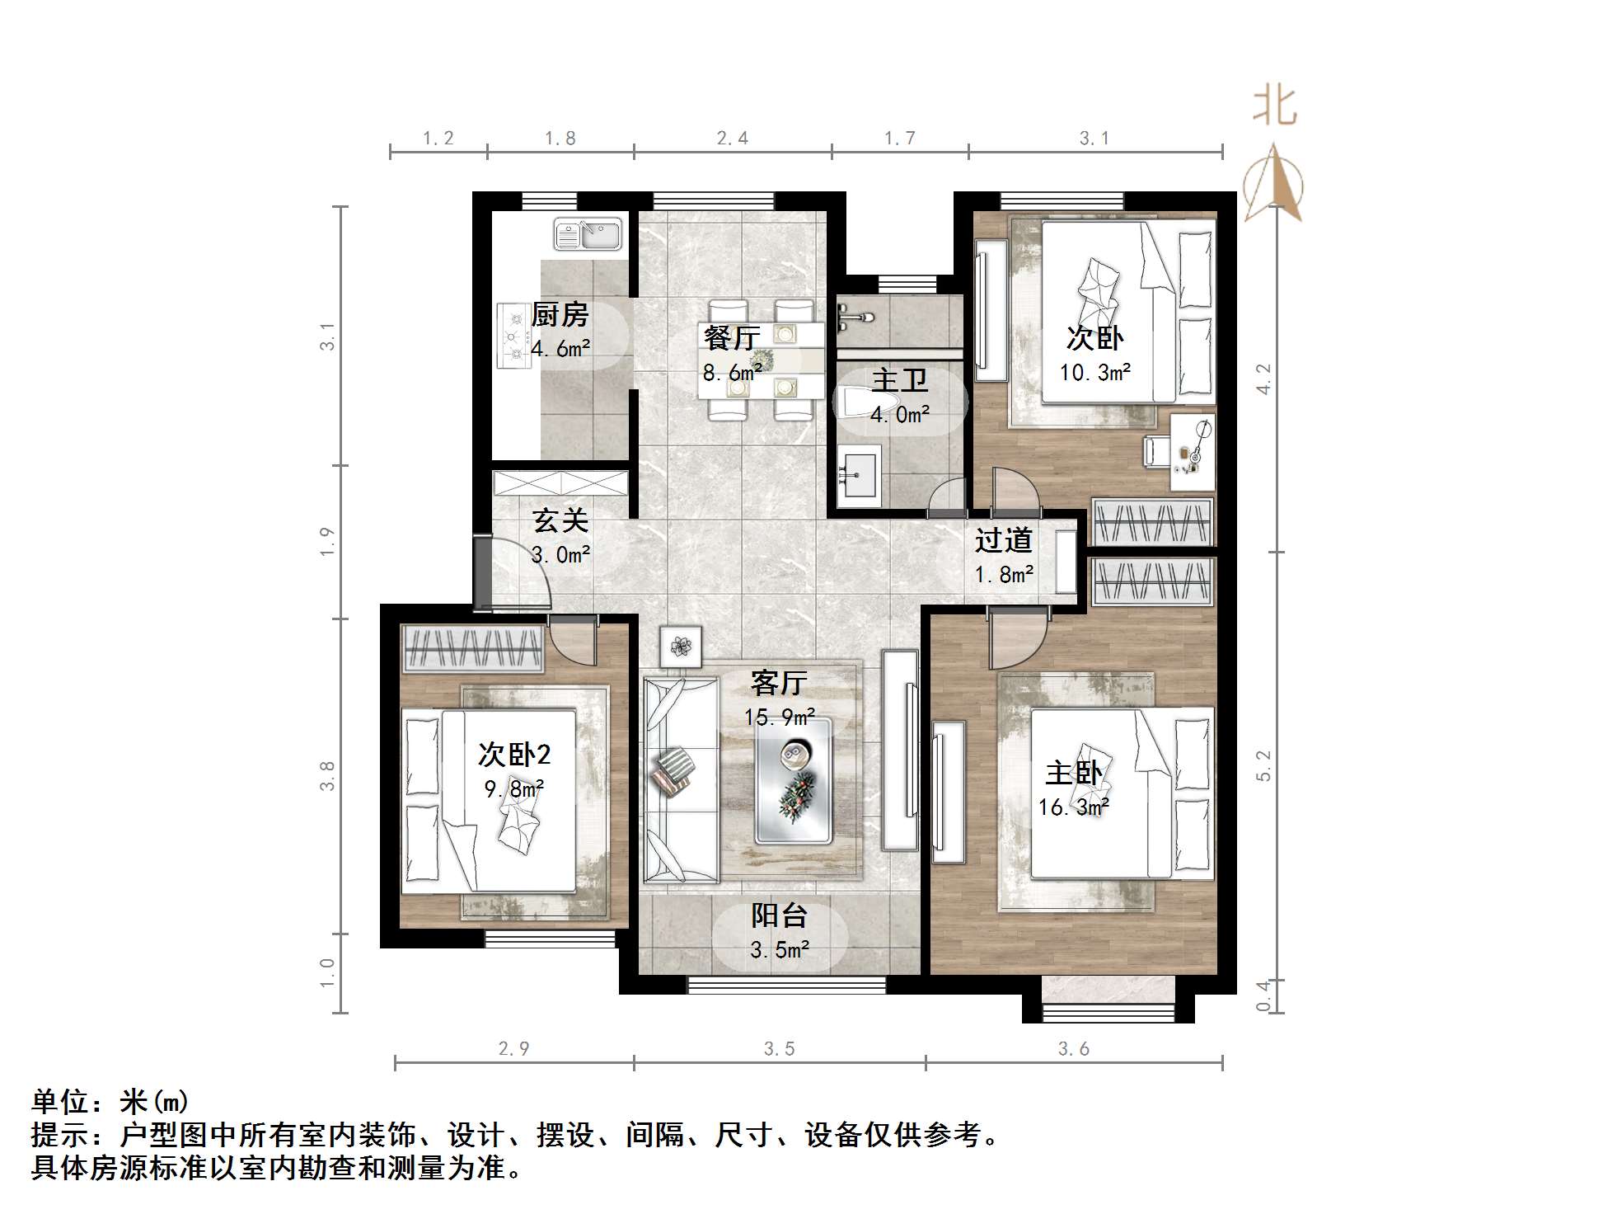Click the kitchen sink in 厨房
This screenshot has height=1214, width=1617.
(x=587, y=234)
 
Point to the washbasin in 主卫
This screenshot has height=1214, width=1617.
(x=859, y=475)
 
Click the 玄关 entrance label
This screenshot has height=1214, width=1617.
(x=560, y=520)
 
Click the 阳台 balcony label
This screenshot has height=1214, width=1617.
(x=779, y=915)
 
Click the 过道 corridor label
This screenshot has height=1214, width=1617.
(x=1003, y=541)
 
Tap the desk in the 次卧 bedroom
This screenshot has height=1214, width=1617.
(x=1192, y=453)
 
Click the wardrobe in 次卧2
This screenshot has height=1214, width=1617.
(x=472, y=648)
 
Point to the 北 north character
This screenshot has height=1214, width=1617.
(x=1274, y=107)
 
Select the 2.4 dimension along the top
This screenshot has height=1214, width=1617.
(x=732, y=139)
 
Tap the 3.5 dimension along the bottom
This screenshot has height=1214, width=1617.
(x=779, y=1049)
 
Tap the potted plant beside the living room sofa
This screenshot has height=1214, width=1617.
(x=680, y=646)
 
